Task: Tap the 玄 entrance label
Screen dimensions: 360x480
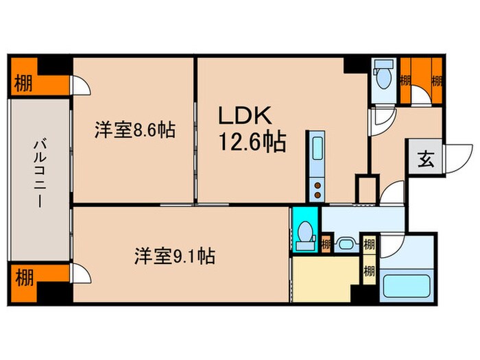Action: point(426,161)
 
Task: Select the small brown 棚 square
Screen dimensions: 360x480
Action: point(326,243)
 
